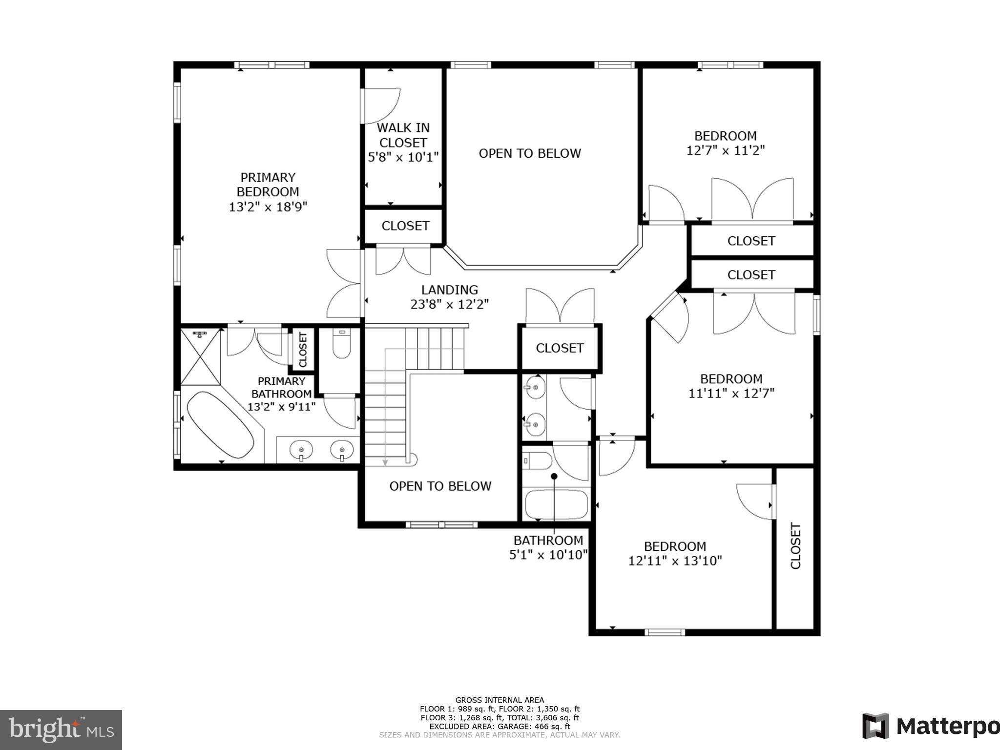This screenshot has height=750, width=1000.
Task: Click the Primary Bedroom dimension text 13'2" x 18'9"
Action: point(268,207)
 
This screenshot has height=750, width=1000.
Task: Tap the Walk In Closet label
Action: point(403,135)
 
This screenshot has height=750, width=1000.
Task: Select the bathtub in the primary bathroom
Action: point(220,424)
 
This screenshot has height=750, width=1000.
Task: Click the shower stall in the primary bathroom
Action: point(200,357)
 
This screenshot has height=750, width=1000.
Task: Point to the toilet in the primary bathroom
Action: point(341,344)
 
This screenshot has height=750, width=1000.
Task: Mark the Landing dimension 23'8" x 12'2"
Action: point(449,305)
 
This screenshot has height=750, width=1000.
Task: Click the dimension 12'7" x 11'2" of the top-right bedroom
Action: point(725,150)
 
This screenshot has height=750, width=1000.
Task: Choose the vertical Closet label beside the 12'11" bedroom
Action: point(795,546)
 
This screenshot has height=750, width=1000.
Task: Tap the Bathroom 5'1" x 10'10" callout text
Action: point(548,547)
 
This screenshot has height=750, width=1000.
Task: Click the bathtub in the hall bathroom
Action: point(556,504)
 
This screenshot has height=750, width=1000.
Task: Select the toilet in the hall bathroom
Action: point(537,460)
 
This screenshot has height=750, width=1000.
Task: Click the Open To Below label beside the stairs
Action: point(440,486)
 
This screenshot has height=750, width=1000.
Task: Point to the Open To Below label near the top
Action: point(529,153)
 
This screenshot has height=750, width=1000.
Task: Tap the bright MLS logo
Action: point(61,730)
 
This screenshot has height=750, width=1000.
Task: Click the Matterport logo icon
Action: point(875,726)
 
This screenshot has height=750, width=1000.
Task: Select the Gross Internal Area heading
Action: point(499,700)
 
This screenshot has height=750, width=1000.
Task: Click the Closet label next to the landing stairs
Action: point(560,348)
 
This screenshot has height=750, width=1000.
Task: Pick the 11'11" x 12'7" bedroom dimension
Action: point(731,393)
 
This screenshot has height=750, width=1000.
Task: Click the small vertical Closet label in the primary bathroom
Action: point(303,350)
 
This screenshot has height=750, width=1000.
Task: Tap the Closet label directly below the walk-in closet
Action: point(405,226)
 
